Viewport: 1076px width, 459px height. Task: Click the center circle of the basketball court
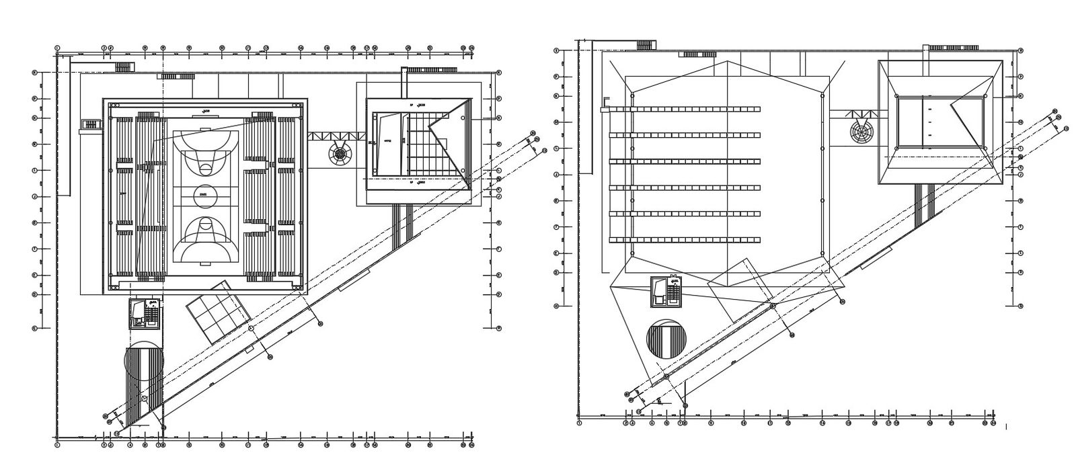pyautogui.click(x=204, y=196)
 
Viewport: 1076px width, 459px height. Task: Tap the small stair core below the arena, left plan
pyautogui.click(x=145, y=314)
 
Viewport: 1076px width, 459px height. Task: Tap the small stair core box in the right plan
pyautogui.click(x=666, y=292)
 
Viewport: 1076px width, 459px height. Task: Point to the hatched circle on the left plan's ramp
pyautogui.click(x=144, y=362)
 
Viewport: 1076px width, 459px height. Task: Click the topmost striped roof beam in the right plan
pyautogui.click(x=685, y=109)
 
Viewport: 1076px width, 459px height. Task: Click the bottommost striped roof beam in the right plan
pyautogui.click(x=685, y=240)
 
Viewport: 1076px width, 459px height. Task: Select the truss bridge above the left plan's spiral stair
pyautogui.click(x=337, y=136)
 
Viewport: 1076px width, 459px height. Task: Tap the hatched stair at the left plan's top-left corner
pyautogui.click(x=124, y=67)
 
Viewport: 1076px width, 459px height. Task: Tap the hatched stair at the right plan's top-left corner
pyautogui.click(x=646, y=44)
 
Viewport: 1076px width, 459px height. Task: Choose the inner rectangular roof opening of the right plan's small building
pyautogui.click(x=941, y=122)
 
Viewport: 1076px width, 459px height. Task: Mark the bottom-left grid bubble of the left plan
pyautogui.click(x=57, y=444)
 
